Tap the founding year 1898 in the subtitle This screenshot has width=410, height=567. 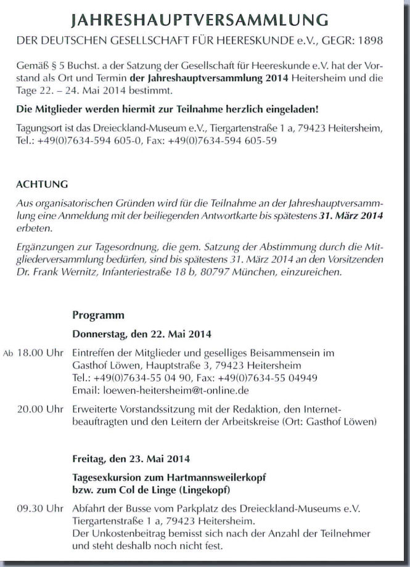pos(369,41)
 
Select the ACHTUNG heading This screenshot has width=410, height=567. pos(42,185)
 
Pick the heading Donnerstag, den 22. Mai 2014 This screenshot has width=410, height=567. pos(142,335)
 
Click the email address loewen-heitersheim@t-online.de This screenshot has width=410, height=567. pos(170,390)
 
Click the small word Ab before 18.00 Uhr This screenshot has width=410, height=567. pos(8,354)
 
